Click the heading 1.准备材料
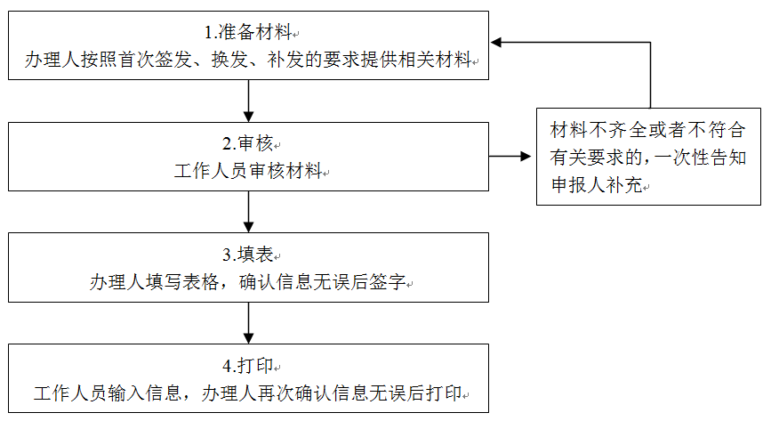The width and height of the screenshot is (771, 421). tap(248, 33)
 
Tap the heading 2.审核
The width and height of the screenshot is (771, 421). tap(248, 144)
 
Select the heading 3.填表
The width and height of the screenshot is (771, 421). tap(248, 255)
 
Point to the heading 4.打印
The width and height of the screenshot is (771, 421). tap(248, 366)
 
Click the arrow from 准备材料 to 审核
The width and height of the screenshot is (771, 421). tap(248, 101)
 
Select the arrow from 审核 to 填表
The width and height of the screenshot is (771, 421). tap(248, 212)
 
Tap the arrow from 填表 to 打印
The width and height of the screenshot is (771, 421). tap(248, 323)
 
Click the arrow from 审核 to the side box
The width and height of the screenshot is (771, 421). tap(510, 157)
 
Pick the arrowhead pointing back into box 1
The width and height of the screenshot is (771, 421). tap(496, 43)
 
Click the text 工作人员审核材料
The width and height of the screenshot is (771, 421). tap(248, 171)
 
